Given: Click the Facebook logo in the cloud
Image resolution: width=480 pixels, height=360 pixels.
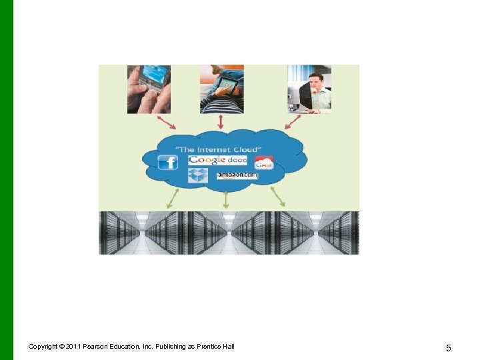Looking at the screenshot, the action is (x=167, y=163).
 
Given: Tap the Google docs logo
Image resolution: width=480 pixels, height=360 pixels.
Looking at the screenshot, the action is (x=218, y=160).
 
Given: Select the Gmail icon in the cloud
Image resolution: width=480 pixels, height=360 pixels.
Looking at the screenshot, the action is (x=264, y=163).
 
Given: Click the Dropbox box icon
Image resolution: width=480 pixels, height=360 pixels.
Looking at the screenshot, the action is (x=199, y=175).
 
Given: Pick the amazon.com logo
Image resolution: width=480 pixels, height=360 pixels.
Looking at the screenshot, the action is (x=237, y=175).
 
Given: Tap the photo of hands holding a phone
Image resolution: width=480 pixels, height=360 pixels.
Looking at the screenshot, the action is (x=149, y=89).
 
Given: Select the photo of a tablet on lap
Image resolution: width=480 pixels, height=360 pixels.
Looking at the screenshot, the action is (x=222, y=89).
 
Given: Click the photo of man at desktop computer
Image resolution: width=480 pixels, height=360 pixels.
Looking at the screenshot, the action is (x=309, y=89).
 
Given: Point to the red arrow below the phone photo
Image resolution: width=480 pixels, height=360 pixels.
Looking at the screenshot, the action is (x=167, y=122).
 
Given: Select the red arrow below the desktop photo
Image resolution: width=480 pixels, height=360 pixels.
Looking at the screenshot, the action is (x=293, y=122).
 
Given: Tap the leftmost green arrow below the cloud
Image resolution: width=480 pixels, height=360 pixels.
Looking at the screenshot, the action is (x=172, y=199).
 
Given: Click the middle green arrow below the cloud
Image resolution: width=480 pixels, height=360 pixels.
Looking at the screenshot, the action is (x=226, y=199).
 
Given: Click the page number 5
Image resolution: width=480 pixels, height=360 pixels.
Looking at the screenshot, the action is (x=449, y=348).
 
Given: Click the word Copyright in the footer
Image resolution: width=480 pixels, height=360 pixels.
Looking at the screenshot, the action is (x=43, y=347).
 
